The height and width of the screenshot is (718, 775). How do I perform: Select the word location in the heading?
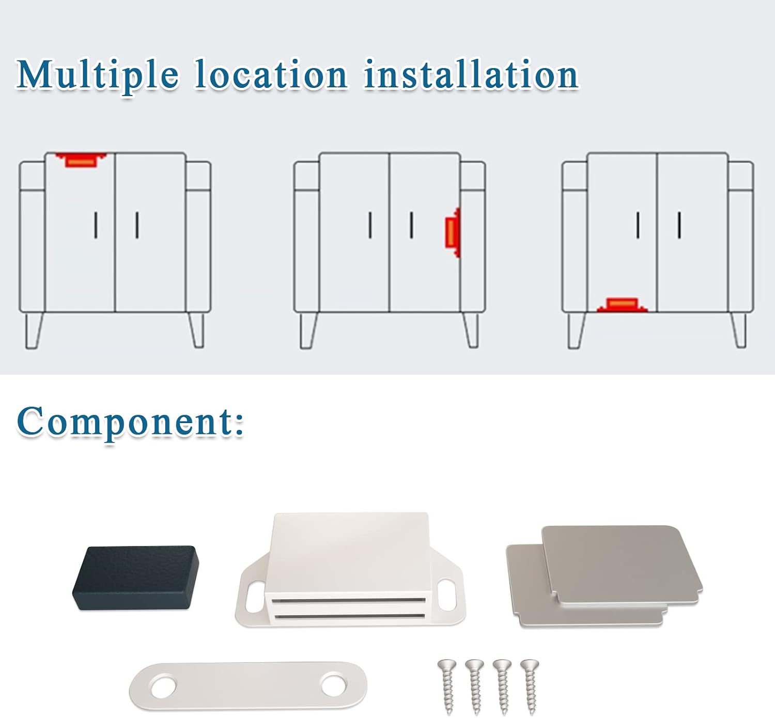pyautogui.click(x=271, y=74)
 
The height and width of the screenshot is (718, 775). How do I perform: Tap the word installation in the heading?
pyautogui.click(x=471, y=74)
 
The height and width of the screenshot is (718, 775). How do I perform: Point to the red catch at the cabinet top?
pyautogui.click(x=81, y=160)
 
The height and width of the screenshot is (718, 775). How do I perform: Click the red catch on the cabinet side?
pyautogui.click(x=453, y=232)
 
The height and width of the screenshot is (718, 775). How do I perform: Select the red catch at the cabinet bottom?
pyautogui.click(x=622, y=305)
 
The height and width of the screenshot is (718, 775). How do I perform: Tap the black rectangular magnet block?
pyautogui.click(x=136, y=577)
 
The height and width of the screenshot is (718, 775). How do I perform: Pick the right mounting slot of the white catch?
pyautogui.click(x=447, y=595)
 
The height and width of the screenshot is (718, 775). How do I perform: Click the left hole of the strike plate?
pyautogui.click(x=163, y=687)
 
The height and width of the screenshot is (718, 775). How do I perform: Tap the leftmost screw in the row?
pyautogui.click(x=447, y=687)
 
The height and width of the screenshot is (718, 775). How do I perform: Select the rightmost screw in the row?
pyautogui.click(x=530, y=687)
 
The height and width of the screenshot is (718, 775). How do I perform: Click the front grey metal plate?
pyautogui.click(x=622, y=566)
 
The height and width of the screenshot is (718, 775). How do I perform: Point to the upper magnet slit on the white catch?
pyautogui.click(x=348, y=600)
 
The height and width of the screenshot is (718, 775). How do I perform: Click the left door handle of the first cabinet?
pyautogui.click(x=96, y=225)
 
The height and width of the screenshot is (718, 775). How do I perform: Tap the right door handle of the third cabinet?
pyautogui.click(x=679, y=225)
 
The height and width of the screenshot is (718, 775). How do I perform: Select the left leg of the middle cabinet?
pyautogui.click(x=308, y=331)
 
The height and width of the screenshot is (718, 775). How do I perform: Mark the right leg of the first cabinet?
pyautogui.click(x=197, y=330)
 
